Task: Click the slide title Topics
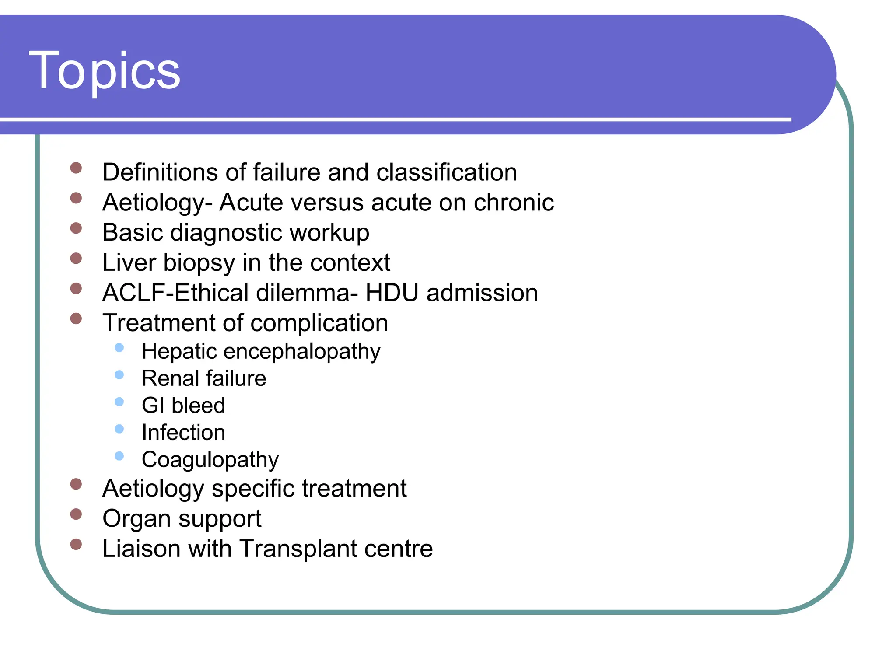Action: (x=105, y=71)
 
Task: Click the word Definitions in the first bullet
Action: (x=160, y=172)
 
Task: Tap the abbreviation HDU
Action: (x=392, y=293)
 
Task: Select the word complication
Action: (x=319, y=323)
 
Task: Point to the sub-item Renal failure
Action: (x=204, y=378)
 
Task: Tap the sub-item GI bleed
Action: (x=183, y=406)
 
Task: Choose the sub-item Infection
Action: (x=183, y=433)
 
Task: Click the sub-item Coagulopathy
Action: (x=210, y=460)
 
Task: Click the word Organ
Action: (x=136, y=519)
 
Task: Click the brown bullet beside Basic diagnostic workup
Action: (x=76, y=228)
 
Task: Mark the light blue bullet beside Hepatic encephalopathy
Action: (x=119, y=348)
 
